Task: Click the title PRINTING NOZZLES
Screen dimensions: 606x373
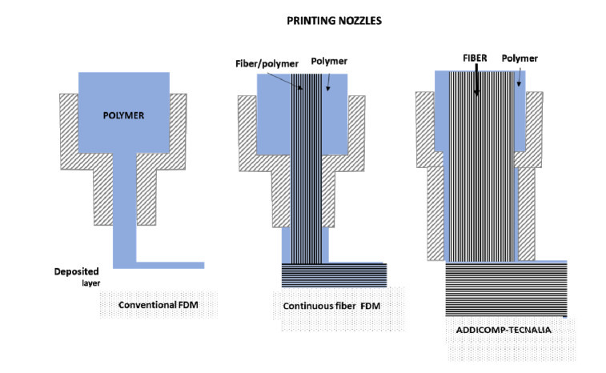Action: pyautogui.click(x=334, y=21)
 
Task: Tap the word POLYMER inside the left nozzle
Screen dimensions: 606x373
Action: pyautogui.click(x=123, y=115)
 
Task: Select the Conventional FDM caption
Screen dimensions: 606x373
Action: pyautogui.click(x=158, y=305)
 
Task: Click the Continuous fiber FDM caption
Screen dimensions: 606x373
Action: pyautogui.click(x=331, y=306)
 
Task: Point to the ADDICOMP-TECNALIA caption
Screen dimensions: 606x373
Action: pyautogui.click(x=504, y=330)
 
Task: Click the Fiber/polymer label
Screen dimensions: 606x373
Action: pyautogui.click(x=267, y=63)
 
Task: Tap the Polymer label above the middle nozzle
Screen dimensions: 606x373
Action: pyautogui.click(x=329, y=61)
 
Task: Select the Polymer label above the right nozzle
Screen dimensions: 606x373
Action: pyautogui.click(x=520, y=58)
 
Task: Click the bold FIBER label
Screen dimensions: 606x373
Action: pyautogui.click(x=475, y=58)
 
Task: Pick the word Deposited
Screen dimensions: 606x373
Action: pyautogui.click(x=76, y=271)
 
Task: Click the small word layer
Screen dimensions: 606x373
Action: pyautogui.click(x=90, y=283)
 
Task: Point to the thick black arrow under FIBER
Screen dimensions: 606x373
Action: pyautogui.click(x=476, y=79)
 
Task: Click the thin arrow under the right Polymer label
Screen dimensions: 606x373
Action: pyautogui.click(x=520, y=77)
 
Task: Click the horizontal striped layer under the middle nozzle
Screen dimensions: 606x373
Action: pyautogui.click(x=334, y=275)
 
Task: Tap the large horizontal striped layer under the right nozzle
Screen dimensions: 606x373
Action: pyautogui.click(x=506, y=289)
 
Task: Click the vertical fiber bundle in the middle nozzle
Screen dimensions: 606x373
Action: pyautogui.click(x=306, y=169)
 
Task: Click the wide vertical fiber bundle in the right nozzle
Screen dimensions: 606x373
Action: pyautogui.click(x=482, y=166)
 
